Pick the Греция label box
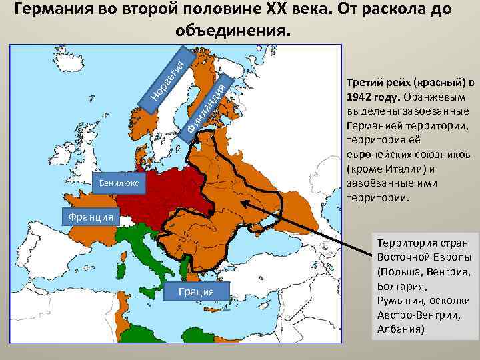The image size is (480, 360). coord(196,291)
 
